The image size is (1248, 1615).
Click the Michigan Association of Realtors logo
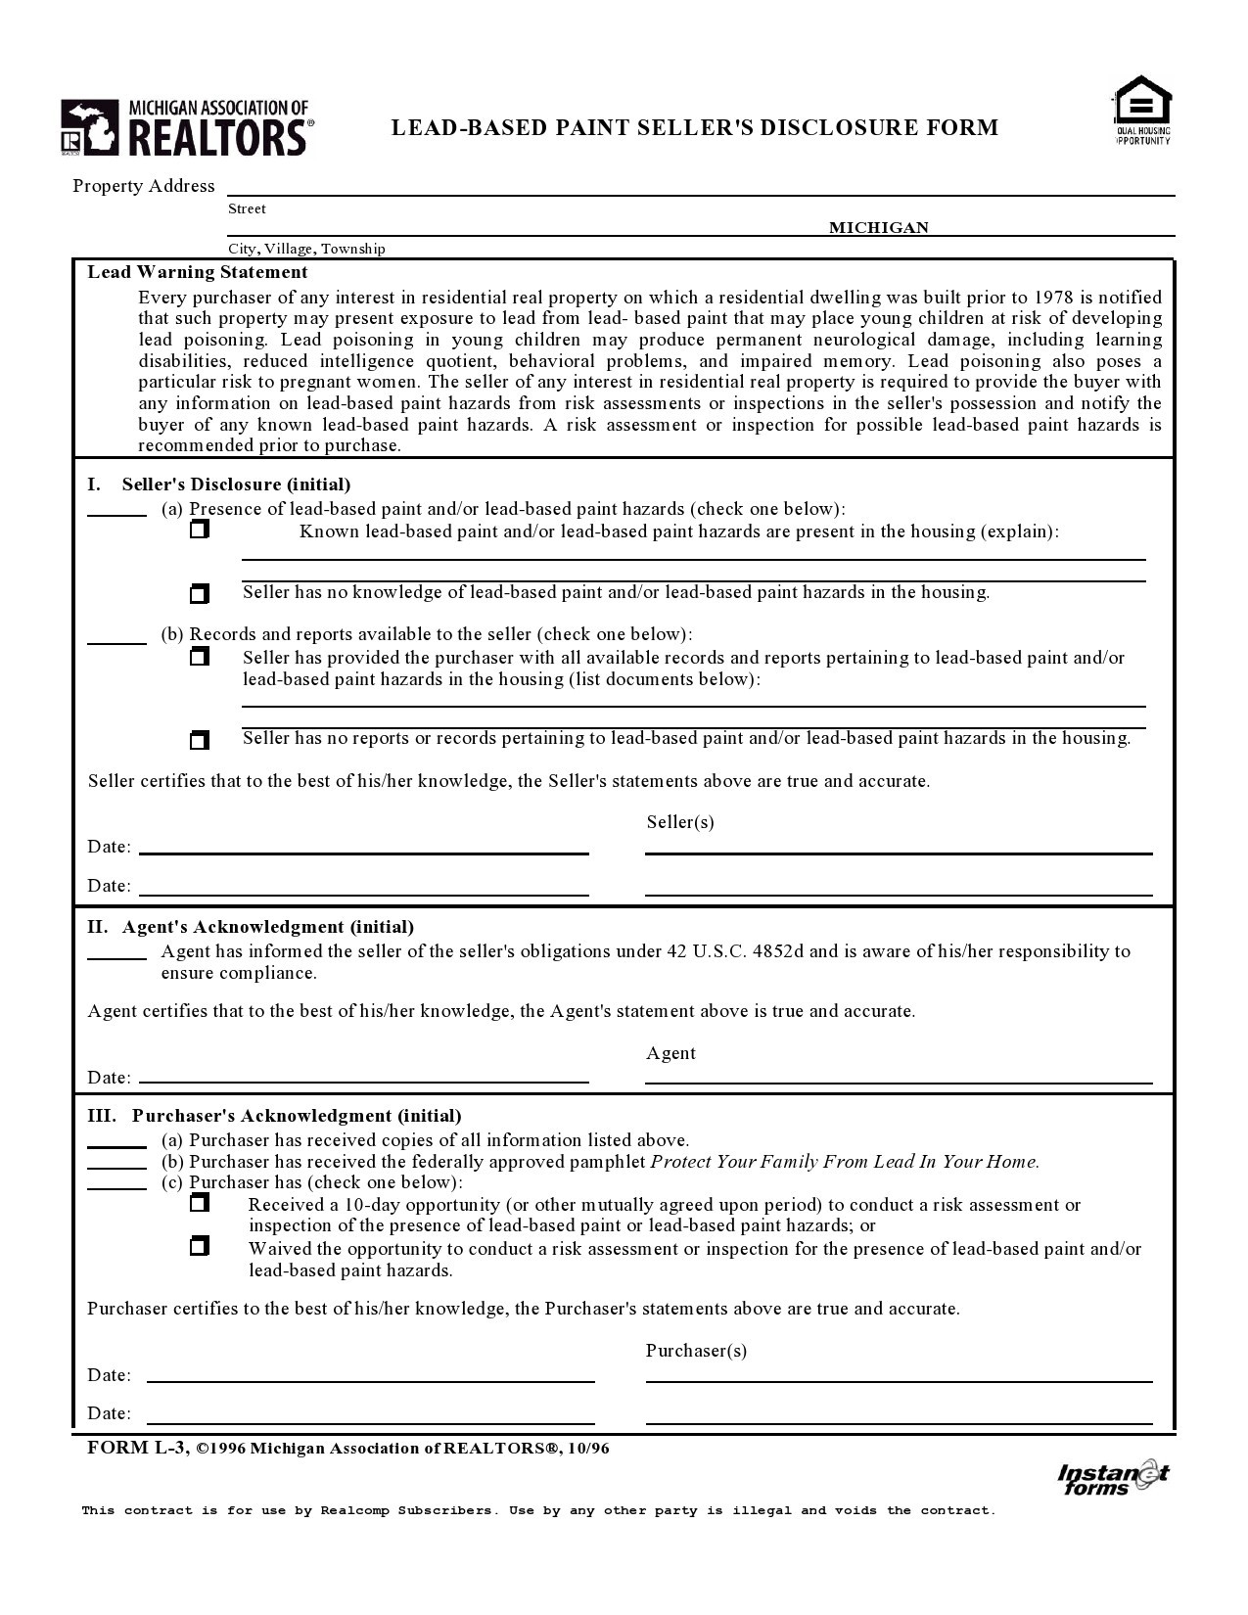187,127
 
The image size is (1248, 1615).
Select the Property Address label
144,186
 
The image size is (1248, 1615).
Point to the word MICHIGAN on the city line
878,228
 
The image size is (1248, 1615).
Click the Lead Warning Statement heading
198,272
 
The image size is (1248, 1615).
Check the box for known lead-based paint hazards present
200,530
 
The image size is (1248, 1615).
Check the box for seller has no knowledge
200,594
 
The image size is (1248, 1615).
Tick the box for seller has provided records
200,656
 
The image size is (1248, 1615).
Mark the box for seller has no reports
200,740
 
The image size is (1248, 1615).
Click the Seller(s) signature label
680,822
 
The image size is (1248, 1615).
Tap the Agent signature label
670,1053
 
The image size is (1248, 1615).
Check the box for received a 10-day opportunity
200,1203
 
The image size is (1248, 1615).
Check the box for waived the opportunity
200,1247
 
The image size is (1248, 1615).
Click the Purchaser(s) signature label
696,1351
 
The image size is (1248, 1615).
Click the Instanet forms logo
1112,1478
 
